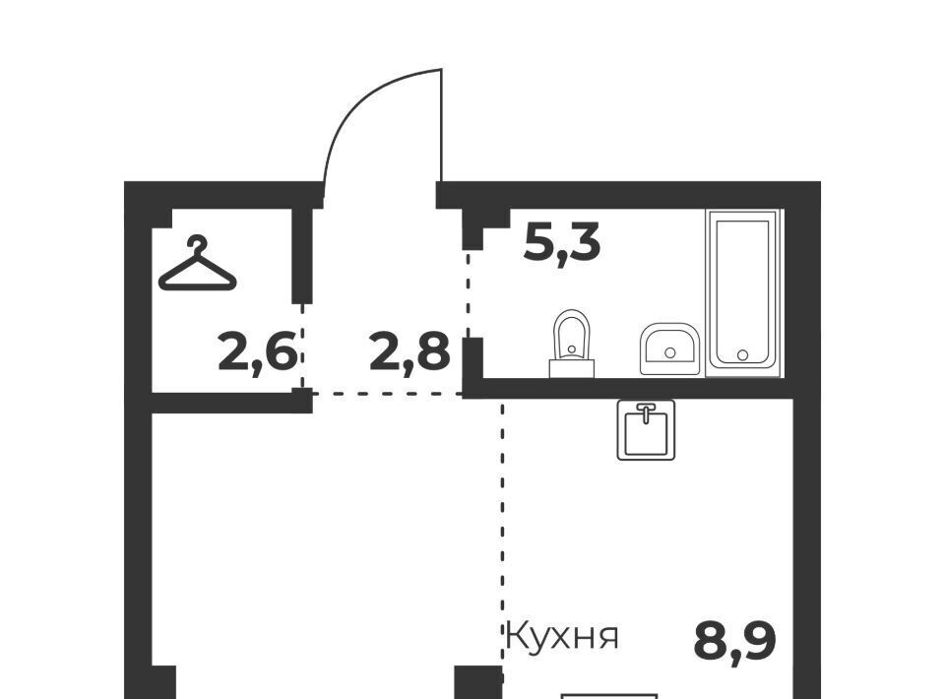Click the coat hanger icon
point(197,264)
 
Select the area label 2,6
point(257,353)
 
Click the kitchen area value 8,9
point(734,642)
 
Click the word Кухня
point(562,635)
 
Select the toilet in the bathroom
point(571,344)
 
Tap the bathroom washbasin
point(669,349)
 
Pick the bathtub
point(742,292)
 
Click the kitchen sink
point(646,429)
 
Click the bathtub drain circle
point(742,355)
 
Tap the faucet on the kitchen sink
point(646,413)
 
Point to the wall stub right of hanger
point(302,256)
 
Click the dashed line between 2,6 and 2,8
point(302,347)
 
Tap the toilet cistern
point(571,368)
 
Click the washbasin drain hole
point(669,353)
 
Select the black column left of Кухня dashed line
point(478,682)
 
